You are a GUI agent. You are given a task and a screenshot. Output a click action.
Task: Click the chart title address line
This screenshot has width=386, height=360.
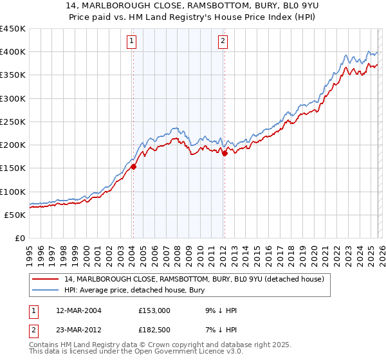(193, 6)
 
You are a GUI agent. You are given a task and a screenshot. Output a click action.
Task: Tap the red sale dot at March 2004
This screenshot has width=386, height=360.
(133, 167)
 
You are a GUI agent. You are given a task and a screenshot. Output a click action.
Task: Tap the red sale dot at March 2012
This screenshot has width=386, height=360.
(225, 153)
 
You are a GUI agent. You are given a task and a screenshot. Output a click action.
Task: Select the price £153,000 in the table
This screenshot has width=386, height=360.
(154, 310)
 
